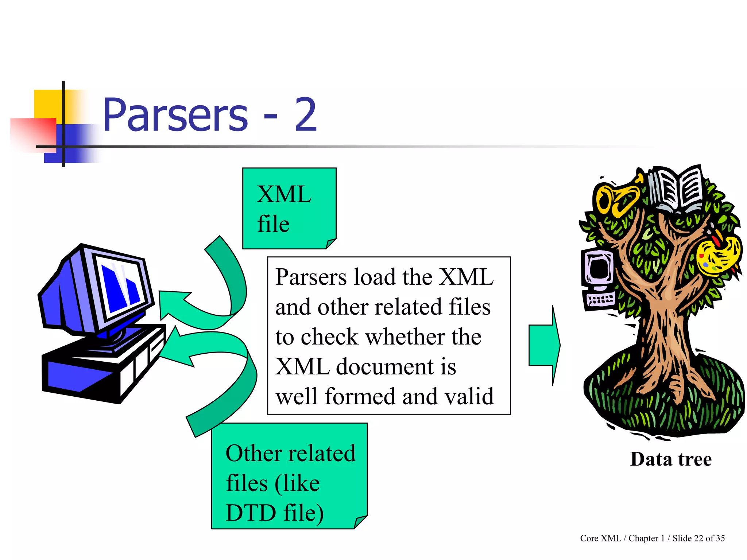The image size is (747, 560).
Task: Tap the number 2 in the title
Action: click(306, 115)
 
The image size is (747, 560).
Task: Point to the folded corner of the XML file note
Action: click(331, 243)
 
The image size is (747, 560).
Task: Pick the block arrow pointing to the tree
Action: click(544, 345)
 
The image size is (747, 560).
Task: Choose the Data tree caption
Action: click(671, 459)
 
